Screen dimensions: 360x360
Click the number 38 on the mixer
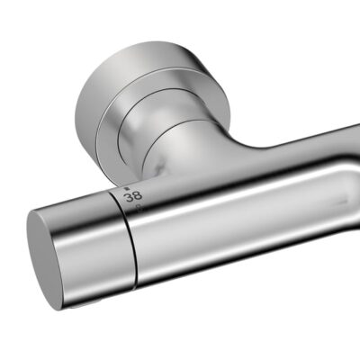click(x=133, y=193)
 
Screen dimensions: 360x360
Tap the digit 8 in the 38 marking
click(x=138, y=193)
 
